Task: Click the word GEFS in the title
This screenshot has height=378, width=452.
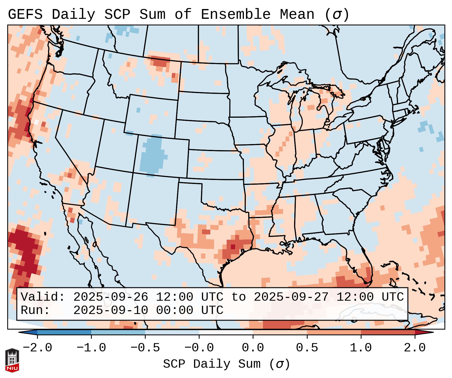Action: pyautogui.click(x=25, y=15)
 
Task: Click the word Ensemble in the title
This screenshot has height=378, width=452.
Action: pyautogui.click(x=235, y=15)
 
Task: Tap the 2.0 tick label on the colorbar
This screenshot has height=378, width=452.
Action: pyautogui.click(x=415, y=348)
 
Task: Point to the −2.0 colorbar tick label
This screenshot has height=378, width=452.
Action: pyautogui.click(x=37, y=348)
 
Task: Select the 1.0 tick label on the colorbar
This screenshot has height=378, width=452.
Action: pyautogui.click(x=361, y=348)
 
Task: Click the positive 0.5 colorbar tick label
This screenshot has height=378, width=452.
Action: pyautogui.click(x=307, y=348)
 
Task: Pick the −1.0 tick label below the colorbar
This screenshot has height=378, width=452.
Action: pyautogui.click(x=91, y=348)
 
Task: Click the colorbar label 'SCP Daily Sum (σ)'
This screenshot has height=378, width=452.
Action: pyautogui.click(x=226, y=364)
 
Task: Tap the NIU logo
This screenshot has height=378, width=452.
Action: pyautogui.click(x=12, y=360)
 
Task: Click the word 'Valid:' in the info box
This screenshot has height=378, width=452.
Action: pyautogui.click(x=43, y=297)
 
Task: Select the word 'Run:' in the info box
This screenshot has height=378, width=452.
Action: pyautogui.click(x=35, y=310)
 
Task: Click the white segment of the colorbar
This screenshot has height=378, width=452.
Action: pyautogui.click(x=226, y=332)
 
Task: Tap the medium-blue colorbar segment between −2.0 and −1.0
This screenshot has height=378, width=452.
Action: pyautogui.click(x=64, y=332)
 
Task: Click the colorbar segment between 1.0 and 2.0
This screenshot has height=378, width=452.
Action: pyautogui.click(x=388, y=332)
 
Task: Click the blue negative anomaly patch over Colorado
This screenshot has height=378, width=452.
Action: pyautogui.click(x=152, y=156)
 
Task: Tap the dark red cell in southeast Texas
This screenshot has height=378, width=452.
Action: pyautogui.click(x=233, y=247)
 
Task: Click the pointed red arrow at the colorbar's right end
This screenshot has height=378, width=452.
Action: pyautogui.click(x=426, y=332)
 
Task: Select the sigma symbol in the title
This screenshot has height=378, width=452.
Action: pyautogui.click(x=337, y=15)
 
